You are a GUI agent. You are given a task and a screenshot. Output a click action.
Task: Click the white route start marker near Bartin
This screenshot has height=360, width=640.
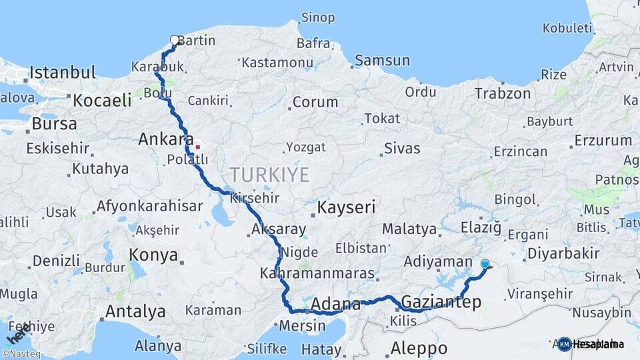[x=175, y=40]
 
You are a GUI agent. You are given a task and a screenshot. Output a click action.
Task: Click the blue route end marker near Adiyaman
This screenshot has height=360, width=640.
[x=485, y=264]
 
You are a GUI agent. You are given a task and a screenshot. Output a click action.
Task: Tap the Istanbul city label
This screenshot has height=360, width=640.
[x=63, y=72]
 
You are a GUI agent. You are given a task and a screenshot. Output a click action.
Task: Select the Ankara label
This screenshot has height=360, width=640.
[x=161, y=140]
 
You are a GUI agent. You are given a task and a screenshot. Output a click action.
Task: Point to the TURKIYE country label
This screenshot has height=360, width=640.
[x=269, y=175]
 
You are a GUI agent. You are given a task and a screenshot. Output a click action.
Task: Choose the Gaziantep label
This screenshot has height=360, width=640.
[x=441, y=303]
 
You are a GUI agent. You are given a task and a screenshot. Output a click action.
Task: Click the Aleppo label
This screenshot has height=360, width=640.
[x=419, y=348]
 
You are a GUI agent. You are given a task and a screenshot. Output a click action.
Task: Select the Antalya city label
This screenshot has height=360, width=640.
[x=135, y=311]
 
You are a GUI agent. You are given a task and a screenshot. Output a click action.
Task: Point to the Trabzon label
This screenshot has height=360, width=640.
[x=502, y=94]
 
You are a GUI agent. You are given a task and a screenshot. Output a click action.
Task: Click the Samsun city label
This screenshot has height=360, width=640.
[x=382, y=61]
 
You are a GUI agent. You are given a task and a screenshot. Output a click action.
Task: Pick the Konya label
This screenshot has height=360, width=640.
[x=153, y=255]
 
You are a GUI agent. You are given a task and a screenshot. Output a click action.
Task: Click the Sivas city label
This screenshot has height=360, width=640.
[x=402, y=148]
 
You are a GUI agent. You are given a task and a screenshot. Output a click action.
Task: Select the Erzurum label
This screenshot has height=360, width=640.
[x=603, y=141]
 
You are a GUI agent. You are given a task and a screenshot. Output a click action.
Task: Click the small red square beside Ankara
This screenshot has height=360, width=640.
[x=197, y=147]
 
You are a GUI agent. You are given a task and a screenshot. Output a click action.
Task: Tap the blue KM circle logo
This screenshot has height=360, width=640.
[x=565, y=344]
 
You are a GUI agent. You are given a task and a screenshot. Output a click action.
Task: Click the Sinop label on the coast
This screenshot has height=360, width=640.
[x=318, y=17]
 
